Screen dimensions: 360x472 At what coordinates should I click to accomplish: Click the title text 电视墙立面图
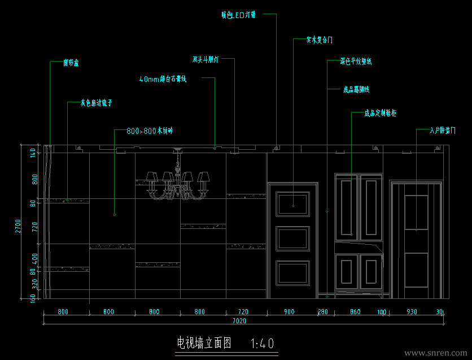pyautogui.click(x=204, y=343)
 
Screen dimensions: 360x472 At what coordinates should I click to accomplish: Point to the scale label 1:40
pyautogui.click(x=261, y=343)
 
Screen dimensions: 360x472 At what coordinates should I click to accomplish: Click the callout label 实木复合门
pyautogui.click(x=320, y=40)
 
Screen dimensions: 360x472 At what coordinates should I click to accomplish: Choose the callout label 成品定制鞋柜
pyautogui.click(x=380, y=113)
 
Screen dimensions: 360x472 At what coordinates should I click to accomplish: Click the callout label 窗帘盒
pyautogui.click(x=71, y=63)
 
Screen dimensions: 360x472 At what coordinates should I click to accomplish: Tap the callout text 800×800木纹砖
pyautogui.click(x=150, y=131)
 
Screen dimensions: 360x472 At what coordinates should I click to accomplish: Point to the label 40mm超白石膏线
pyautogui.click(x=163, y=80)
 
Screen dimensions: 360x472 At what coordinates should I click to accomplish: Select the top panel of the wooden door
pyautogui.click(x=293, y=203)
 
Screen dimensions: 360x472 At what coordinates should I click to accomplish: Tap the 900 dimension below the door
pyautogui.click(x=289, y=311)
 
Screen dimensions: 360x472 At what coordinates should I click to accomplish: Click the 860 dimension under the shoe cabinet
pyautogui.click(x=355, y=311)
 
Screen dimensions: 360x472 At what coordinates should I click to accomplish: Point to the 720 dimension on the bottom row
pyautogui.click(x=243, y=311)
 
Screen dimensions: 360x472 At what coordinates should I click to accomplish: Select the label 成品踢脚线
pyautogui.click(x=356, y=89)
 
